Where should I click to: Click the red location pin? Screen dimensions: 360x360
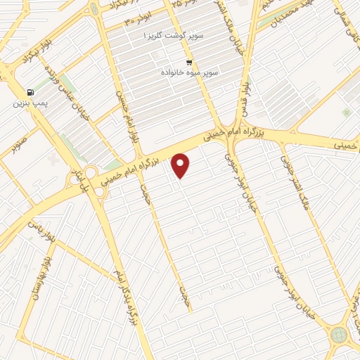pos(181,165)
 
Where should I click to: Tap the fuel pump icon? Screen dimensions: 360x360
pos(29,92)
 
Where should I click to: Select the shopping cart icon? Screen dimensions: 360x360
pos(188,62)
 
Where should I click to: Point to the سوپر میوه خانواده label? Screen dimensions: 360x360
pos(189,72)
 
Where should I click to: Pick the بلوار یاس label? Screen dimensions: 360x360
pos(39,229)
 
